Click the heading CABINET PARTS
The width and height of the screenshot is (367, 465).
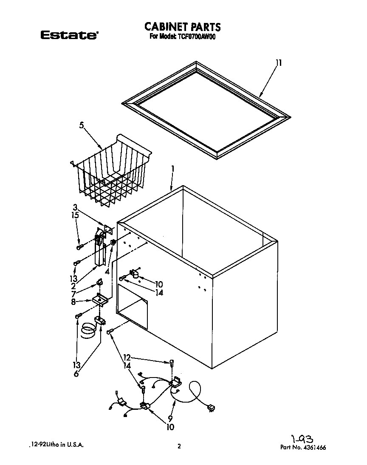[x=183, y=27]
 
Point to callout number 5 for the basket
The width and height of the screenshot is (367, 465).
[x=81, y=125]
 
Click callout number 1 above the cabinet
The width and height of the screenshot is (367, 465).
[x=173, y=169]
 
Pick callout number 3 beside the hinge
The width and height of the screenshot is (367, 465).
[x=75, y=207]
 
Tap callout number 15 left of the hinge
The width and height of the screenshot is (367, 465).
[x=75, y=215]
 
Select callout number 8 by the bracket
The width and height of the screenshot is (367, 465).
[x=73, y=302]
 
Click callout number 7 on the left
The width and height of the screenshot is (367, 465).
[x=74, y=293]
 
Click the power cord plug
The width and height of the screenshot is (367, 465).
[x=211, y=409]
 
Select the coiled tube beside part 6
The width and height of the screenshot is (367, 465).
[x=88, y=330]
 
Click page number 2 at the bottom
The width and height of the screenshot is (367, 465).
[x=179, y=446]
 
